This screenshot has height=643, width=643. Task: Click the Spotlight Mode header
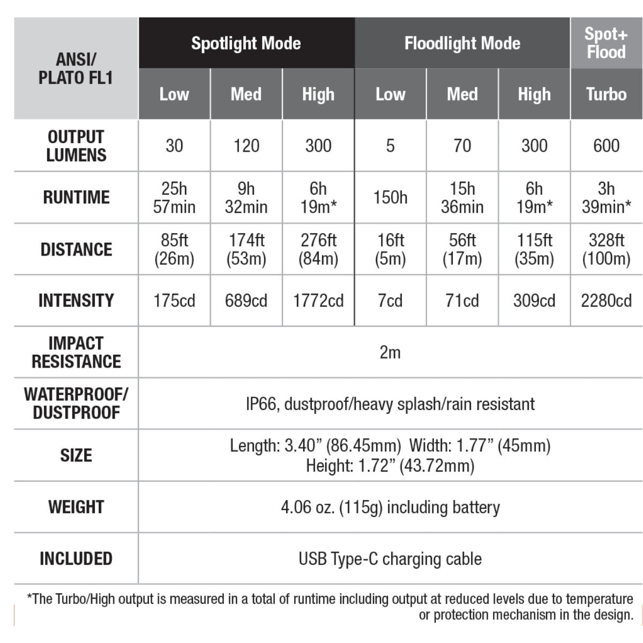246,43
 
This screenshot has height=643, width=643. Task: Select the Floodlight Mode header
462,43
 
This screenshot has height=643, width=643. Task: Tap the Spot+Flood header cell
605,43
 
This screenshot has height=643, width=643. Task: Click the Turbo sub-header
606,94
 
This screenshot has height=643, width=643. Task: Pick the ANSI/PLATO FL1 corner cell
76,69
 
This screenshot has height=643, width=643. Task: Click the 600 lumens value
606,145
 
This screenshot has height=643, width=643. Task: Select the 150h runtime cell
390,197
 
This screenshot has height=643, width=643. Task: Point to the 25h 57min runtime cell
174,197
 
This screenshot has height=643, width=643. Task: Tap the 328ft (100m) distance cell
606,249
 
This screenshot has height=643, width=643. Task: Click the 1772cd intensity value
318,301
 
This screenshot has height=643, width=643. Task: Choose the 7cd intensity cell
390,301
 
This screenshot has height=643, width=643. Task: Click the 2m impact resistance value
390,352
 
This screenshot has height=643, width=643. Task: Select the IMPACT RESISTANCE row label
76,352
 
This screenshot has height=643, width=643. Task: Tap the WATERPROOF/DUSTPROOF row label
76,403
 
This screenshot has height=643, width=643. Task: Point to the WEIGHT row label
76,507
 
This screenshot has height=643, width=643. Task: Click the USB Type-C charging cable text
390,559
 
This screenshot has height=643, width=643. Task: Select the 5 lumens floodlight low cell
390,145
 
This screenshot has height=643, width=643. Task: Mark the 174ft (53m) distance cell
246,249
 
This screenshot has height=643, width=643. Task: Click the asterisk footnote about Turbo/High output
330,607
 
